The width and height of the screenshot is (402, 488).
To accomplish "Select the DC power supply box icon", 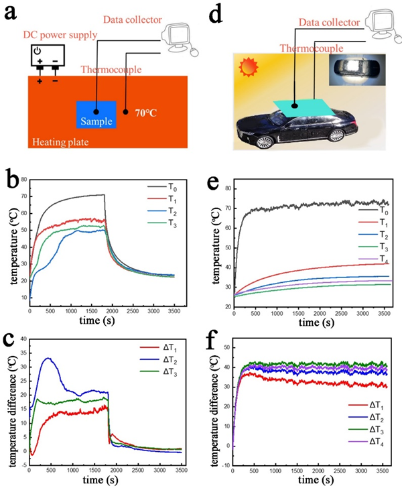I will [46, 56].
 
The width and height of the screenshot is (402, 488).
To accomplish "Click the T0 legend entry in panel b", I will [159, 188].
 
